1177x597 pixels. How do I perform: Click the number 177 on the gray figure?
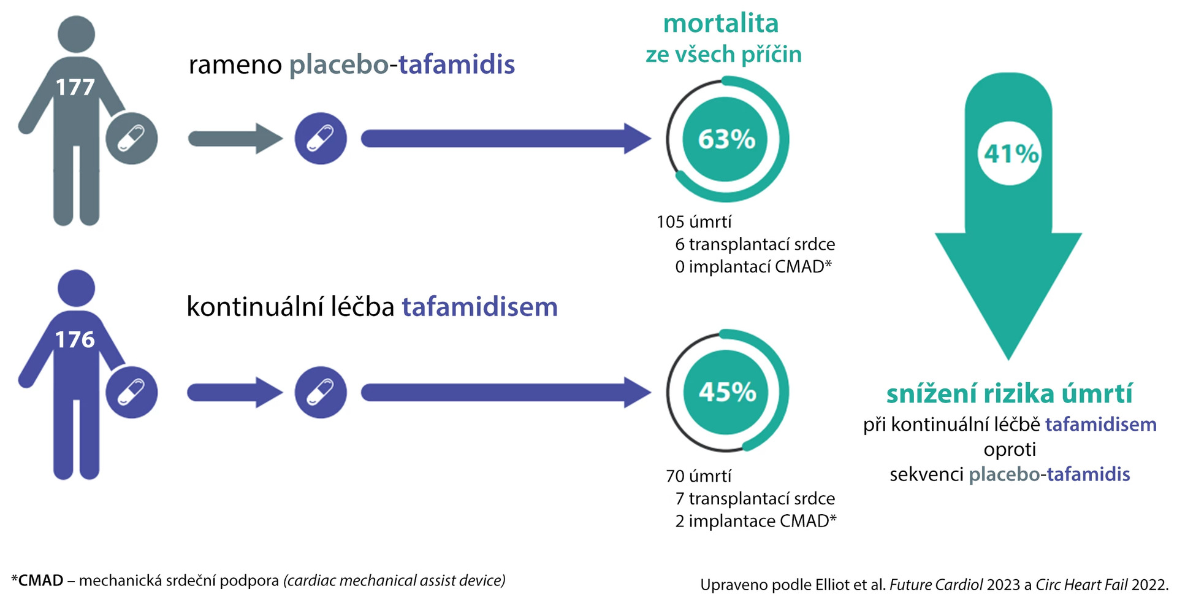click(75, 87)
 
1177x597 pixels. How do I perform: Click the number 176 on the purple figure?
click(75, 339)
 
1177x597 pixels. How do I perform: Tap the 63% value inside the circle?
click(726, 139)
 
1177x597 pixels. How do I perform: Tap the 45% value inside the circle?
click(727, 392)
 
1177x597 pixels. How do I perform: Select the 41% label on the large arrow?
click(1011, 153)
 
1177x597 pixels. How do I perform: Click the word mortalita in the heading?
click(721, 23)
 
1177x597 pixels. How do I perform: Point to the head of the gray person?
click(76, 34)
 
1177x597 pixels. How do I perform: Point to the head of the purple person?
click(76, 288)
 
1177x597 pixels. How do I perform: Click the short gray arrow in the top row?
click(235, 139)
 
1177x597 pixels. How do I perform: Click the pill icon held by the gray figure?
click(131, 139)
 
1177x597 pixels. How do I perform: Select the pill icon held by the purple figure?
click(131, 393)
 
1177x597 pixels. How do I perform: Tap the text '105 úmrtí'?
click(694, 221)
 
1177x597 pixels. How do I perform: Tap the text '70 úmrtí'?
click(698, 476)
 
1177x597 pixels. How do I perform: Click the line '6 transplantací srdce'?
click(755, 244)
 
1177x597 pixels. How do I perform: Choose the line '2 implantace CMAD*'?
click(756, 521)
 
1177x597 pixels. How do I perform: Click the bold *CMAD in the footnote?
click(37, 580)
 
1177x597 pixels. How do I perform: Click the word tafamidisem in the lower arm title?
click(480, 306)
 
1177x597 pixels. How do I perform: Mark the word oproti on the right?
click(1010, 450)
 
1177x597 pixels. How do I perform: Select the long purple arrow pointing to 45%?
click(506, 393)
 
